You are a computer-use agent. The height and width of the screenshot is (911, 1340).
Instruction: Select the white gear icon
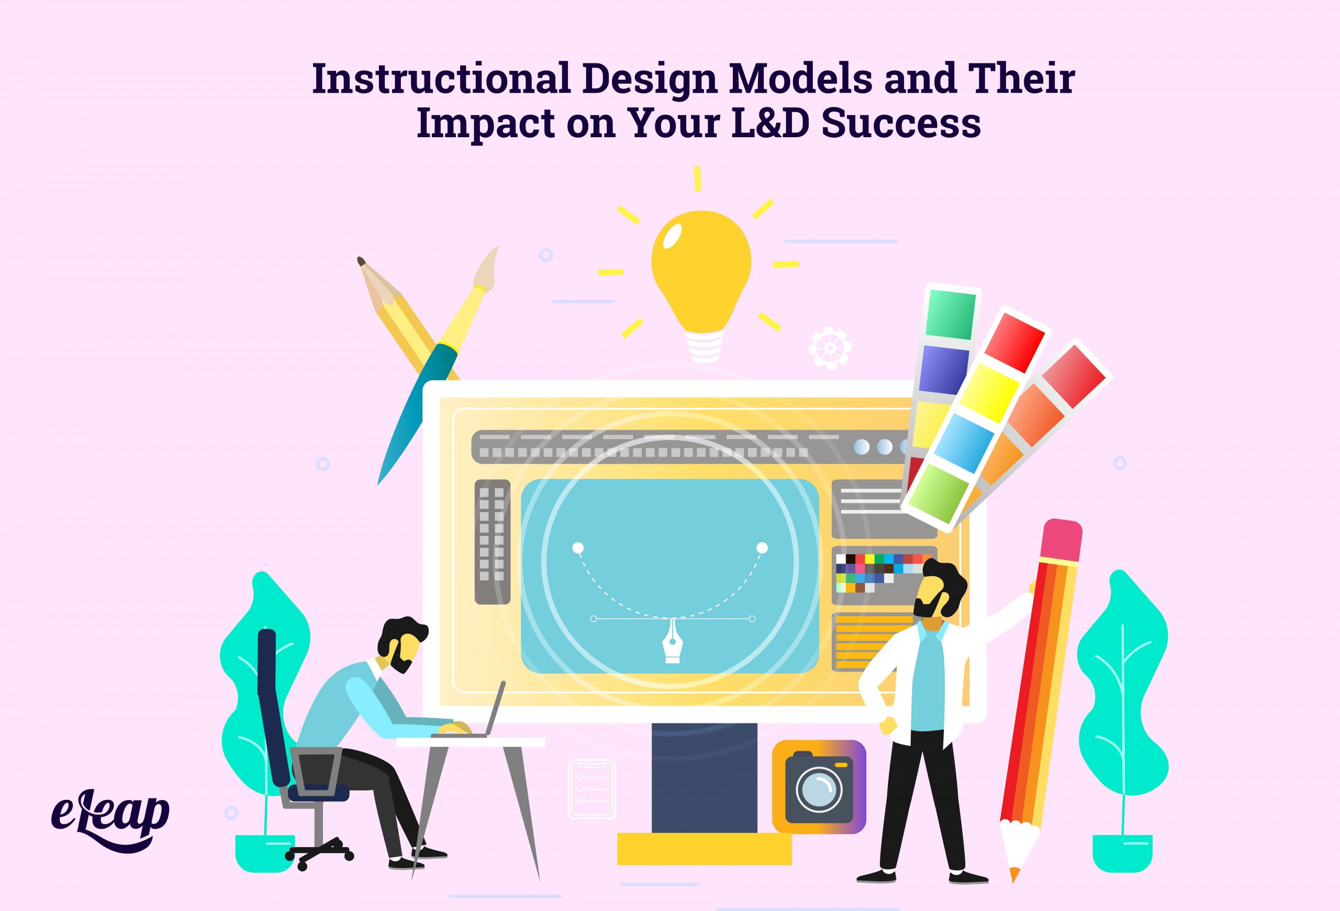pos(830,347)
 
